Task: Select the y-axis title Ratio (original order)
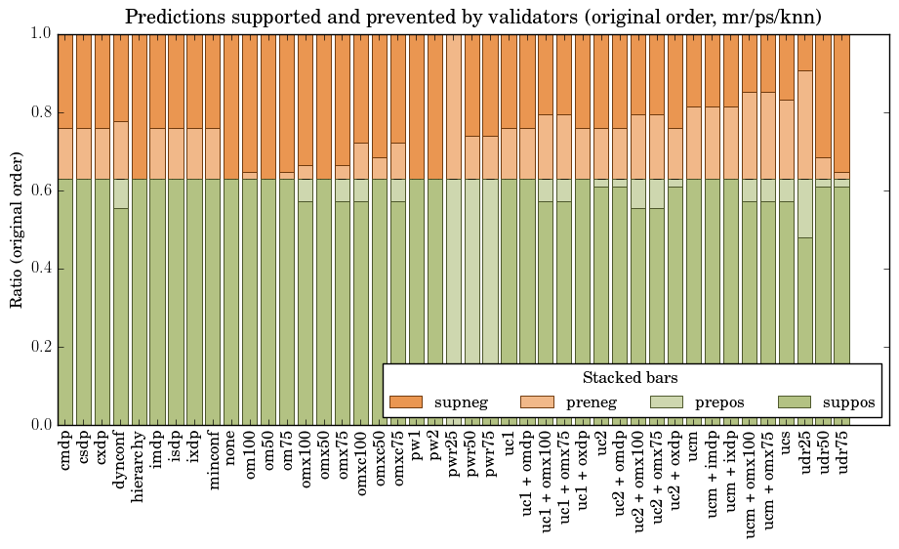coord(17,229)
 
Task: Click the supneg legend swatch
coord(406,401)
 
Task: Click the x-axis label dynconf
coord(121,458)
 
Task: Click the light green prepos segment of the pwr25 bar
coord(454,293)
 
